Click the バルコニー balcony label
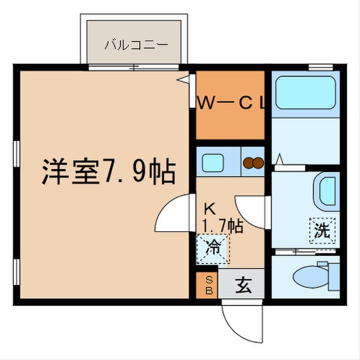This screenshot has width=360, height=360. coord(136,44)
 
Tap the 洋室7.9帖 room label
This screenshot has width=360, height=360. coord(109,173)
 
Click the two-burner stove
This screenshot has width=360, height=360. coord(253,163)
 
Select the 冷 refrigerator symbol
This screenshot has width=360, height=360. coord(212,247)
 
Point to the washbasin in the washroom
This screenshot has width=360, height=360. coord(328,191)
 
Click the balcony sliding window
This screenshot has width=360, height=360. coord(135,67)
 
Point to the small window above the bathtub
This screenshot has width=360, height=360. coord(320,66)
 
